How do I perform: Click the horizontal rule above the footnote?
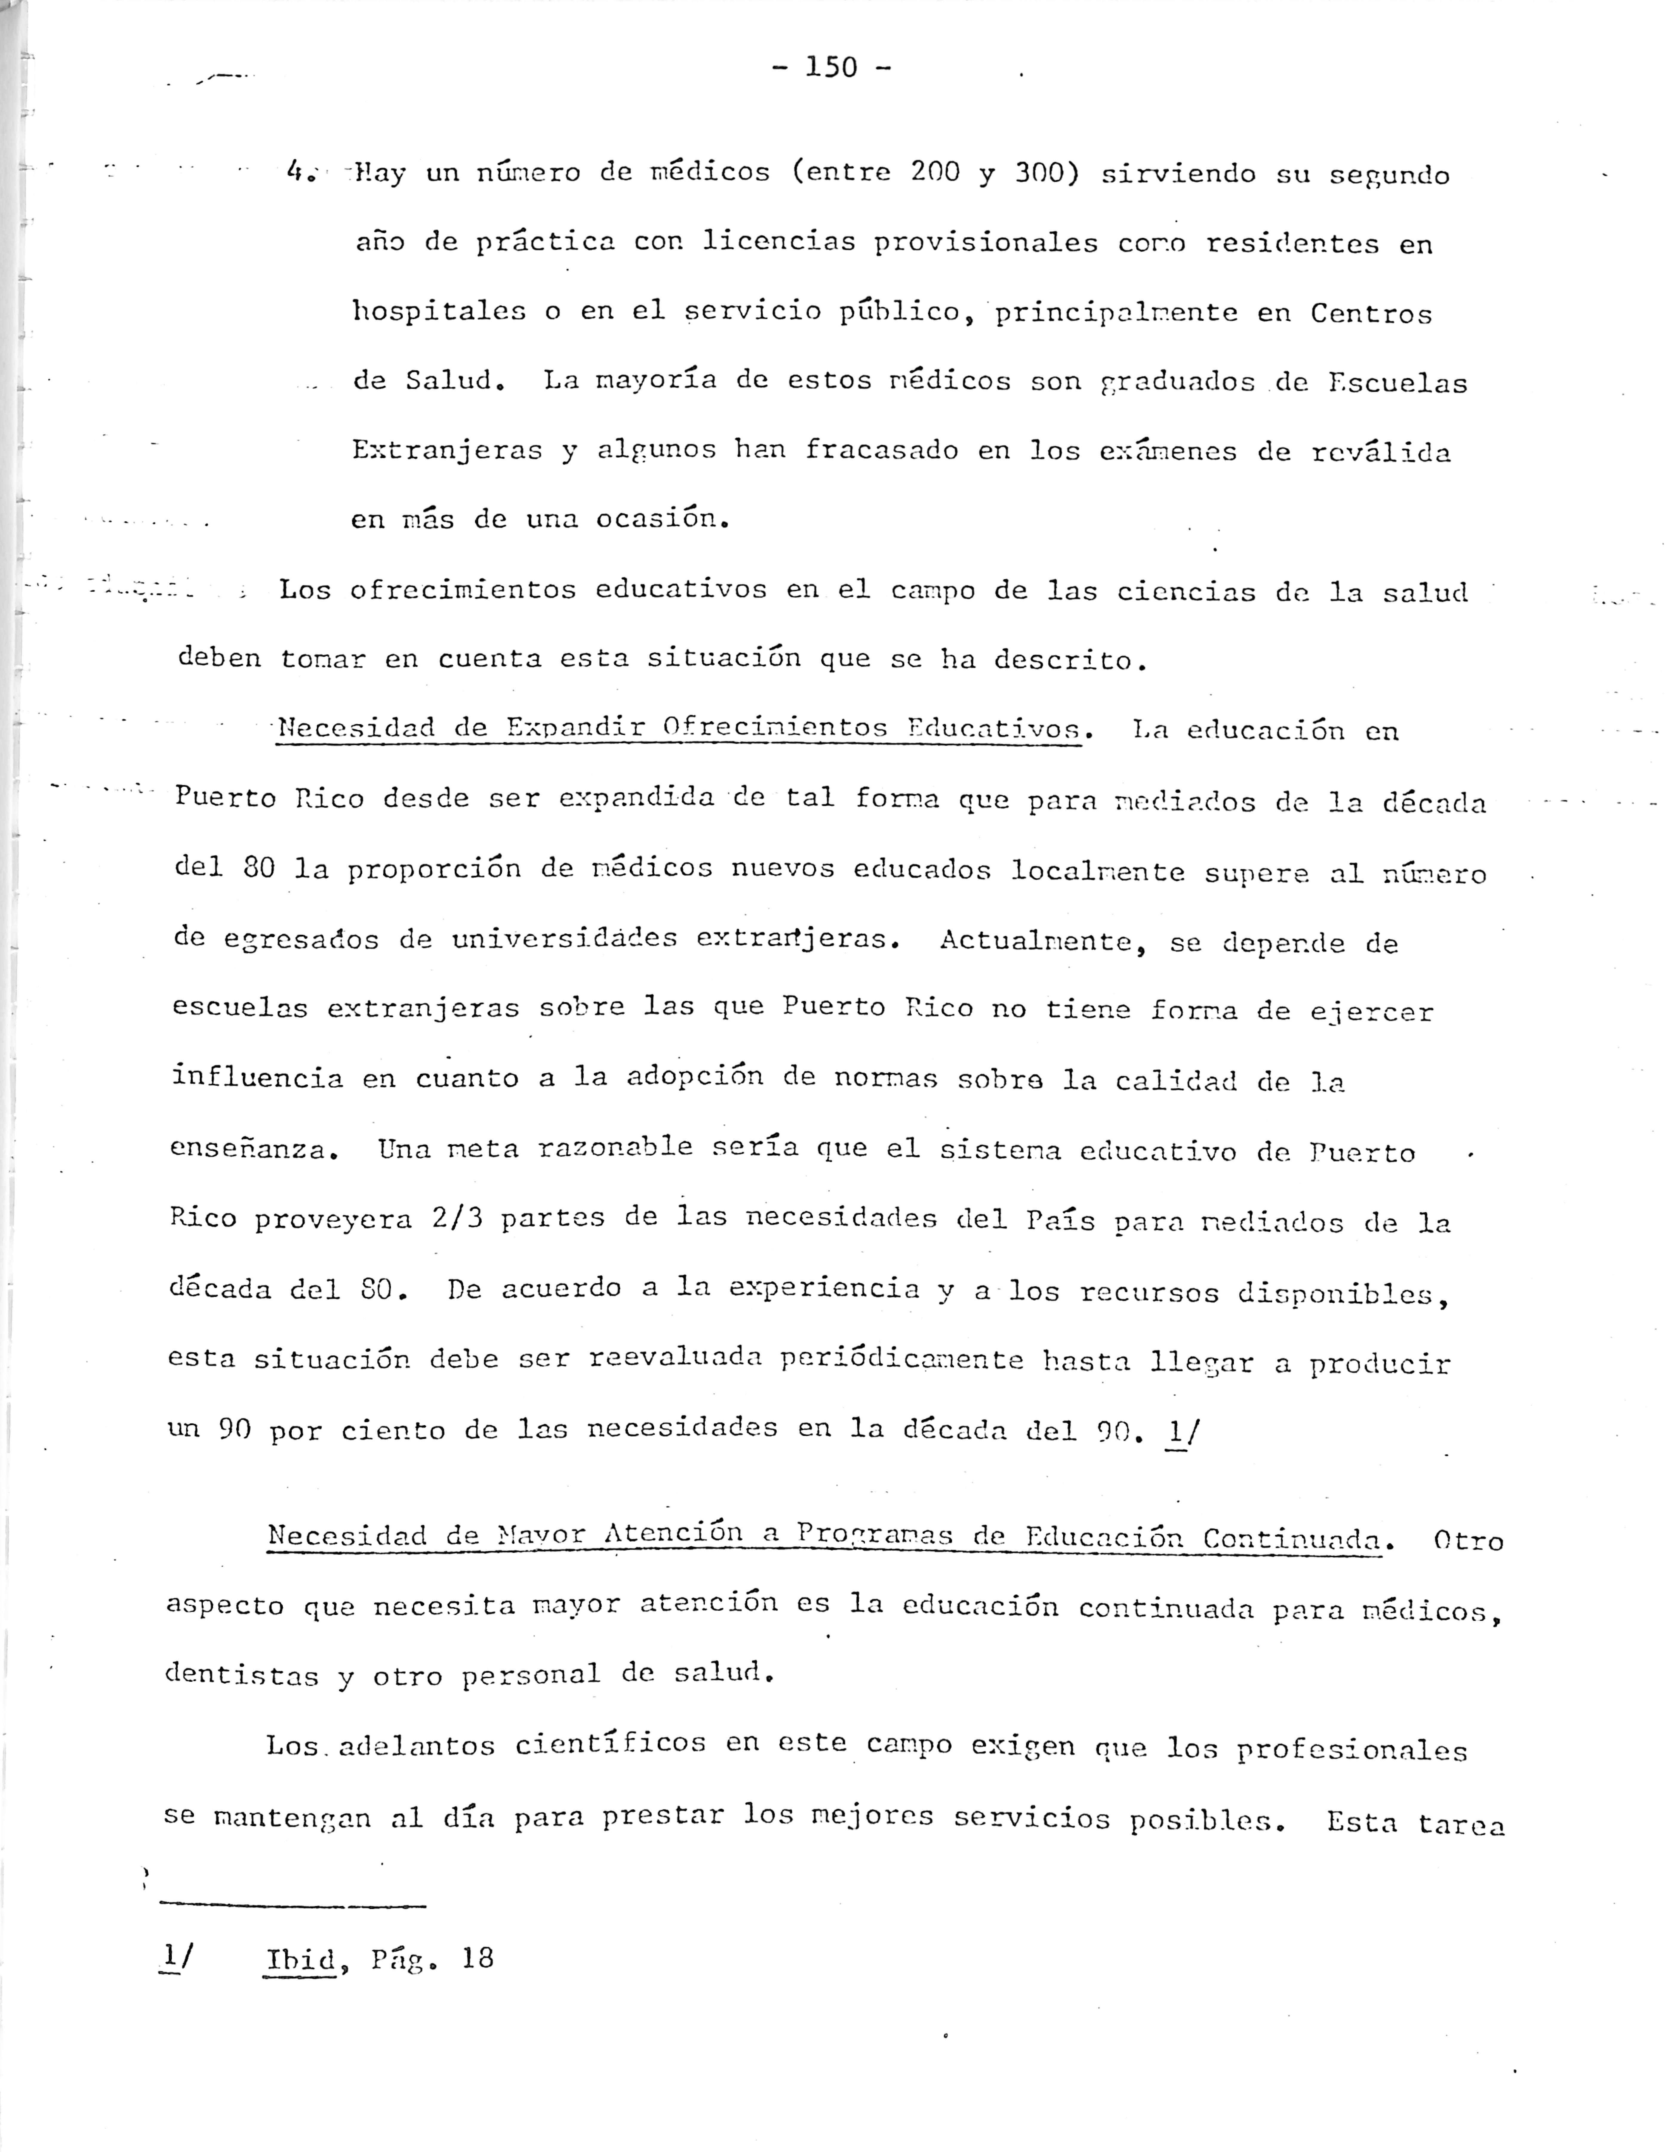tap(292, 1906)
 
